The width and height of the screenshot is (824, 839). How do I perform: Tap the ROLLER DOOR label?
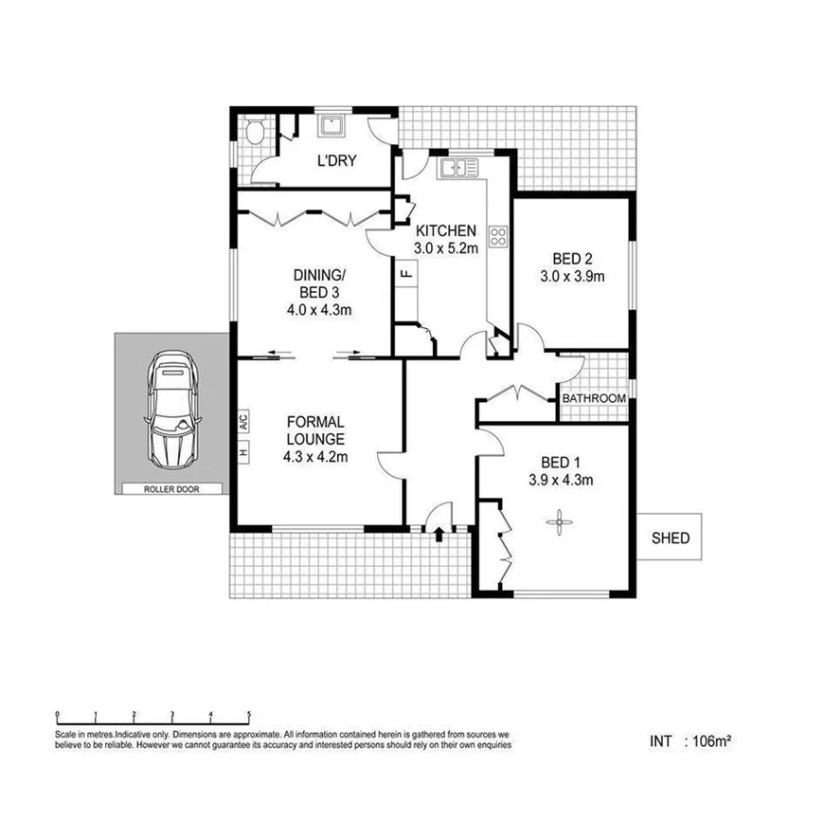pyautogui.click(x=171, y=489)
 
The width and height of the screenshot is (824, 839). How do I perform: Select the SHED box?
pyautogui.click(x=670, y=538)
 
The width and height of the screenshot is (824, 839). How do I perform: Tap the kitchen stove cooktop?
pyautogui.click(x=498, y=236)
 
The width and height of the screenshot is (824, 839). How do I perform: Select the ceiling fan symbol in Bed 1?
pyautogui.click(x=559, y=521)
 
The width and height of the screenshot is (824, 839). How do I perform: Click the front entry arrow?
pyautogui.click(x=439, y=536)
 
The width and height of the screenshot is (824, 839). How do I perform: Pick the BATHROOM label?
pyautogui.click(x=594, y=398)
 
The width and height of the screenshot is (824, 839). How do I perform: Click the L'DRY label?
pyautogui.click(x=336, y=160)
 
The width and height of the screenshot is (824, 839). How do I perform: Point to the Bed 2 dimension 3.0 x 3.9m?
pyautogui.click(x=573, y=277)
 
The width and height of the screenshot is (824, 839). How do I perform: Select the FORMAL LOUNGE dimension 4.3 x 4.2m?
pyautogui.click(x=315, y=458)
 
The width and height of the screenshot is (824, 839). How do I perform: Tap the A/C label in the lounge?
pyautogui.click(x=242, y=420)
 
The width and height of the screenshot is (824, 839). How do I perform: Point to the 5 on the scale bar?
pyautogui.click(x=249, y=715)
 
